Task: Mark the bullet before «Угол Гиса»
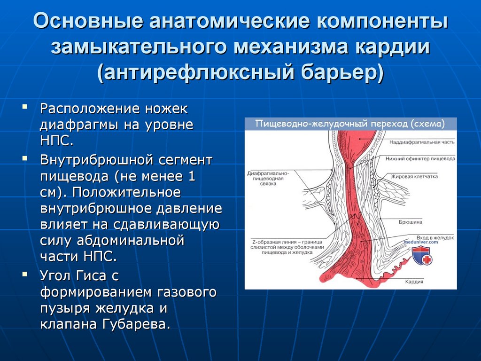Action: pyautogui.click(x=24, y=274)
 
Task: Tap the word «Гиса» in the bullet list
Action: pyautogui.click(x=91, y=275)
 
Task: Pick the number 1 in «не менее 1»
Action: pyautogui.click(x=192, y=177)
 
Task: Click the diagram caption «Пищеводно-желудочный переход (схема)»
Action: pyautogui.click(x=350, y=124)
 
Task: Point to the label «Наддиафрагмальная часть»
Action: pyautogui.click(x=422, y=142)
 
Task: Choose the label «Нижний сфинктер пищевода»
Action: pyautogui.click(x=420, y=159)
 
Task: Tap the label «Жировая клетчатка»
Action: pyautogui.click(x=414, y=177)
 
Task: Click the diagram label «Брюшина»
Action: pyautogui.click(x=411, y=222)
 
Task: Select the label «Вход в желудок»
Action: pyautogui.click(x=435, y=237)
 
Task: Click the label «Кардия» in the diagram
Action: pyautogui.click(x=414, y=282)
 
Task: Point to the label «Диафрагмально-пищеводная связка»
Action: pyautogui.click(x=268, y=178)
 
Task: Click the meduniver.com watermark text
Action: pyautogui.click(x=421, y=242)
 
